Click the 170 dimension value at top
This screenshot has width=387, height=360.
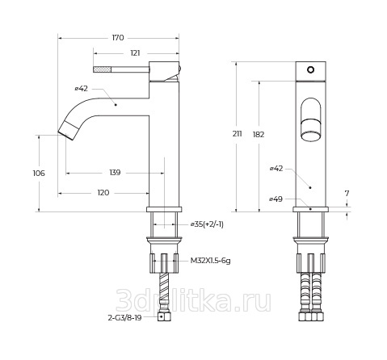[x=118, y=38]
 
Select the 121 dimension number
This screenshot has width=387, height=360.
[x=135, y=53]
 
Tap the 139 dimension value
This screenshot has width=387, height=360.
[x=115, y=173]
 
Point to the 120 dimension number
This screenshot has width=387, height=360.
[x=103, y=193]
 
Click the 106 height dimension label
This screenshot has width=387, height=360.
[x=39, y=173]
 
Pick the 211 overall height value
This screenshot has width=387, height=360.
[x=238, y=133]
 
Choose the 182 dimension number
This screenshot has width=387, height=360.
[x=259, y=134]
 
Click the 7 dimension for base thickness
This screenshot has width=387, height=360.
[x=347, y=193]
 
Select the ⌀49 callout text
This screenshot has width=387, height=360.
[x=276, y=199]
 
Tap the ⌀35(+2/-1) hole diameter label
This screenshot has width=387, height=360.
[x=207, y=224]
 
